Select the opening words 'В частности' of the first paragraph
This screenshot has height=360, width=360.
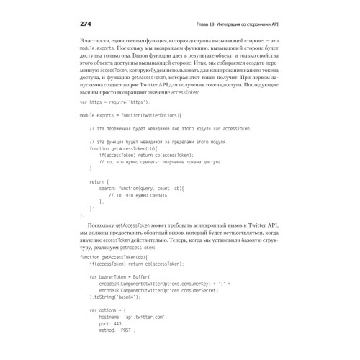(x=99, y=44)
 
